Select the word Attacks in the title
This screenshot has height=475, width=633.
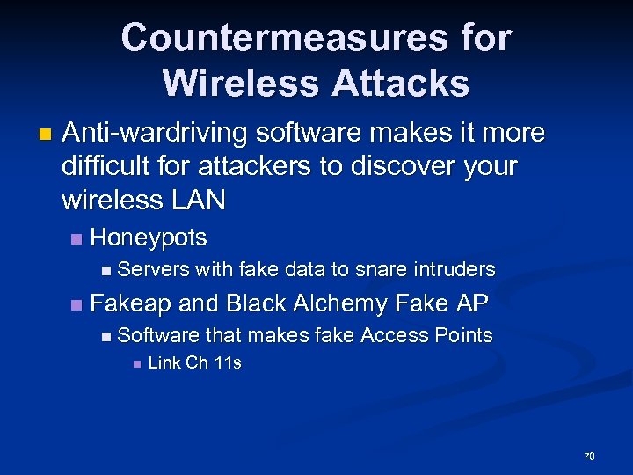[x=404, y=83]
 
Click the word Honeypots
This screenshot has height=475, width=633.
[x=149, y=237]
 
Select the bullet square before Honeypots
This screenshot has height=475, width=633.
[x=76, y=238]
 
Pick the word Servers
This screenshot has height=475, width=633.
[x=153, y=269]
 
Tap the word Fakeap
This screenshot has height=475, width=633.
[x=131, y=303]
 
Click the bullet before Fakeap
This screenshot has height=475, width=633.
[x=76, y=304]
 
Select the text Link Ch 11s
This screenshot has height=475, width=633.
[x=194, y=363]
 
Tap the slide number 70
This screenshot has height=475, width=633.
[x=589, y=456]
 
